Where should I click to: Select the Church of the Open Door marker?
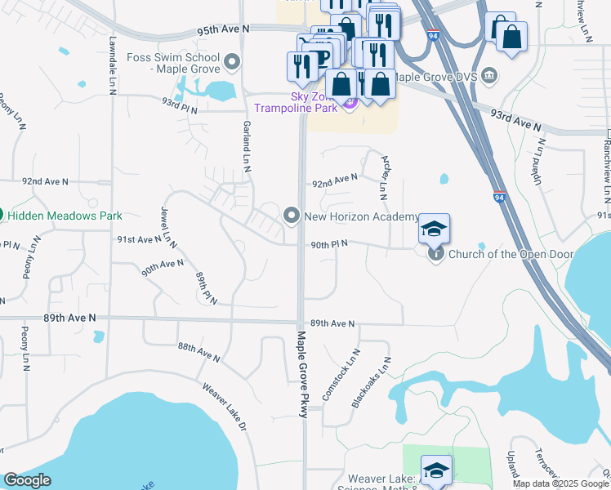pos(436,254)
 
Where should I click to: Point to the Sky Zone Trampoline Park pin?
pos(350,103)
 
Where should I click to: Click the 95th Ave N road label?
pos(222,29)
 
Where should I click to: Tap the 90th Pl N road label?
pos(328,243)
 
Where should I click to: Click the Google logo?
pos(28,480)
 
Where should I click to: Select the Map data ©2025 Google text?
pos(560,483)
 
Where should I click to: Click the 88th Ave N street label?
pos(199,351)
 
